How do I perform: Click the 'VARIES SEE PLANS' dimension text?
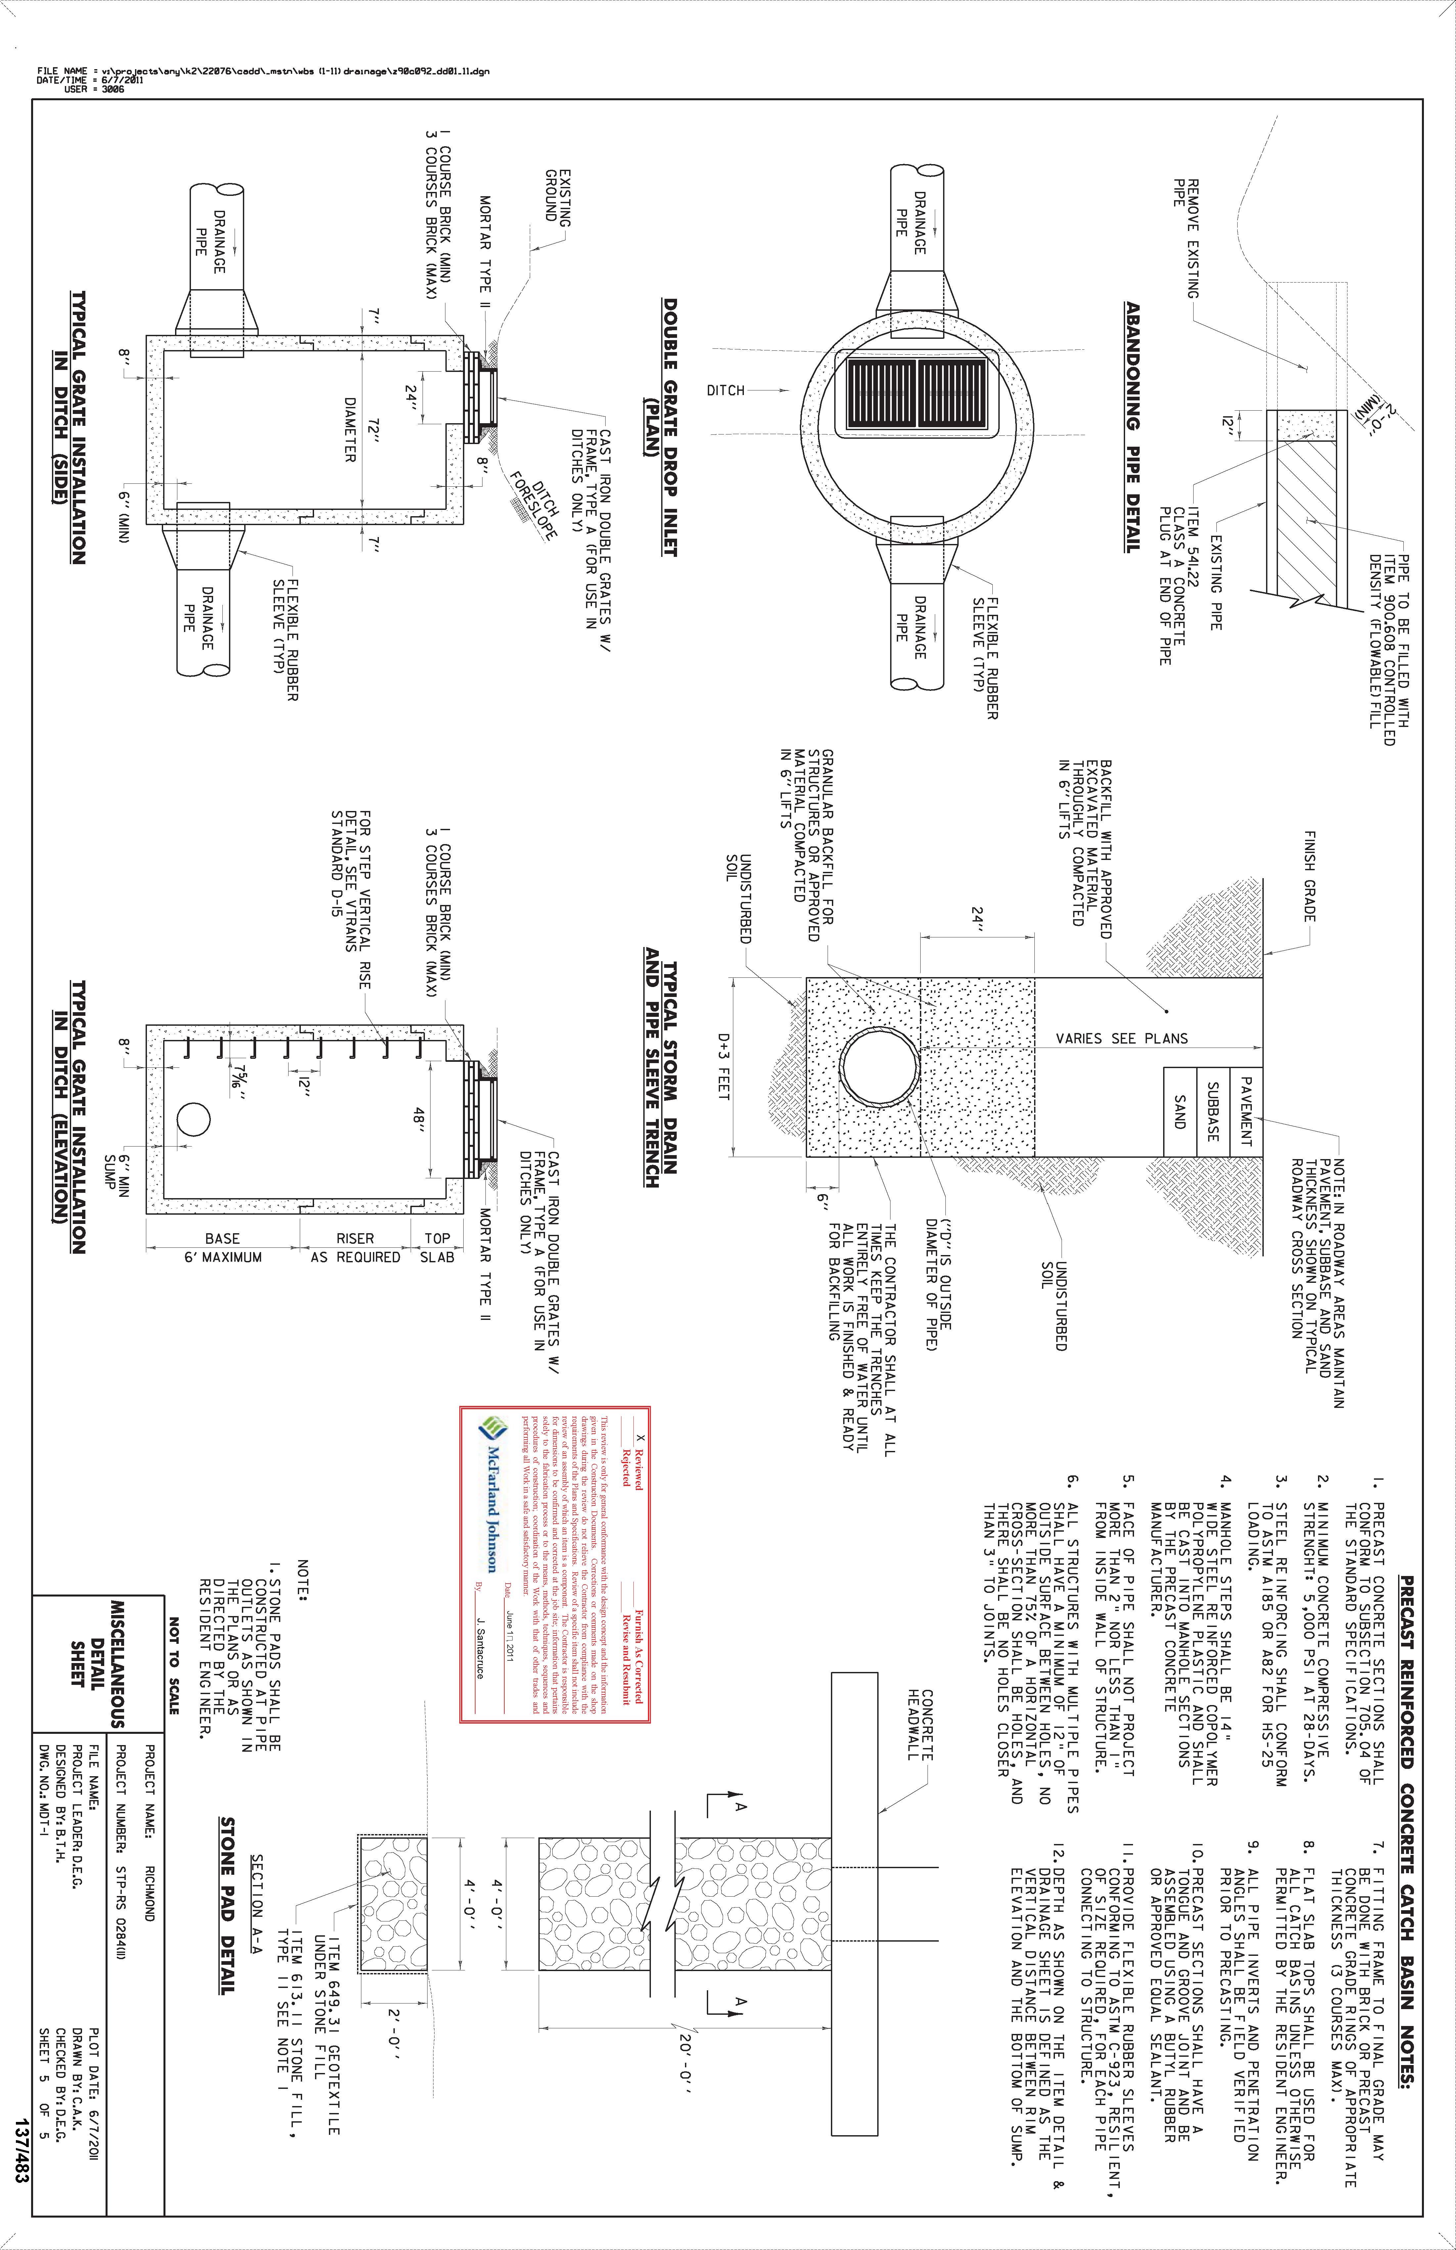pos(1121,1038)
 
